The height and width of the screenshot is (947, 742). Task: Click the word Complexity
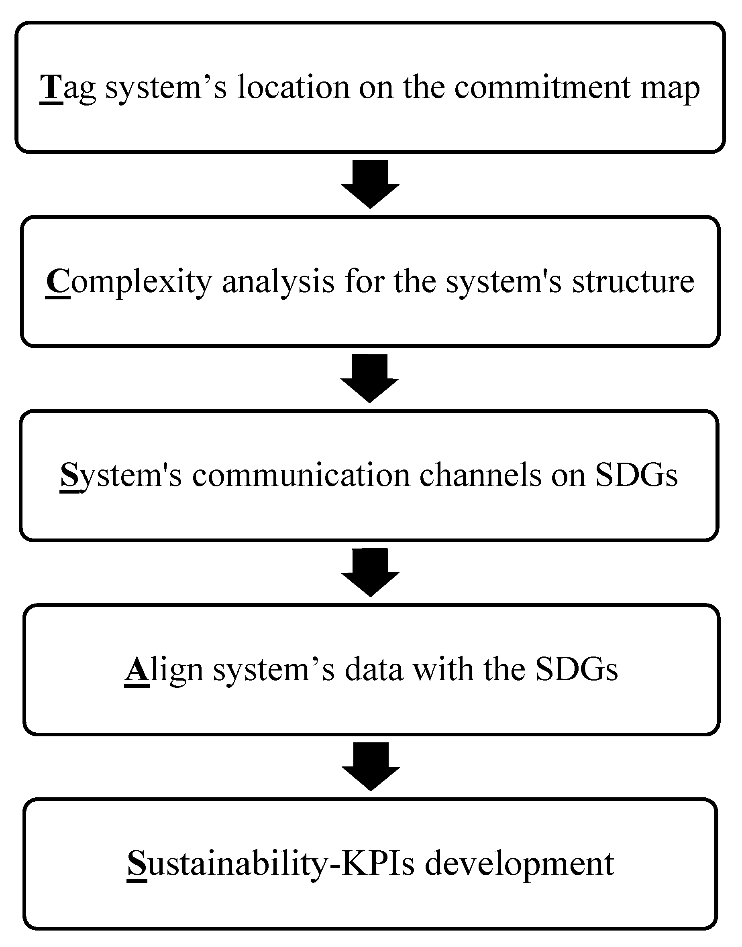[128, 282]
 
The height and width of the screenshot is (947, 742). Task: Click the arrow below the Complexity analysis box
[370, 378]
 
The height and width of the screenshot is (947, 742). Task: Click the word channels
[481, 475]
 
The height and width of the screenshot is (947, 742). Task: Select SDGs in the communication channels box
[636, 475]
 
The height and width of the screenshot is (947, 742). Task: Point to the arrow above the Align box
[370, 572]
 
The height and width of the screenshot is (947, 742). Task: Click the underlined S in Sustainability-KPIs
[137, 864]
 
